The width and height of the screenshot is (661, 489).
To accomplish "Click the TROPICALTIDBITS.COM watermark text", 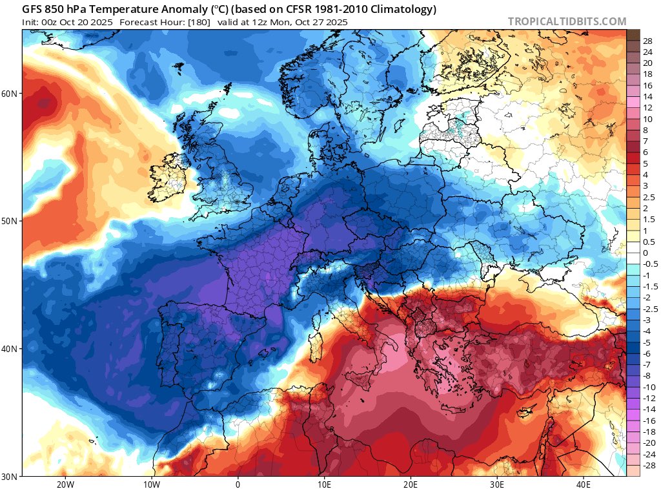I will click(x=567, y=21).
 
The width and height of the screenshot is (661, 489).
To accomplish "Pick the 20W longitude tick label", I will click(x=65, y=484).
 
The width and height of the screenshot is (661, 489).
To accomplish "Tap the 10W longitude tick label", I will click(x=151, y=484).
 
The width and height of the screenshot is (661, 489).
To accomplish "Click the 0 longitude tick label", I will click(x=238, y=484).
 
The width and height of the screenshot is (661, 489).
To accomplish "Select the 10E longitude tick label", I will click(x=324, y=484).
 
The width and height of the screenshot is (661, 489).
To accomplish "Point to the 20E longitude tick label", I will click(x=411, y=484).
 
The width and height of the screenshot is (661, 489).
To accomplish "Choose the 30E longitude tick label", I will click(x=497, y=484).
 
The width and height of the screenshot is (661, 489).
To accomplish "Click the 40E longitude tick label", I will click(x=584, y=484).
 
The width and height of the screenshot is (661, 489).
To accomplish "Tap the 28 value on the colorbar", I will click(x=647, y=40).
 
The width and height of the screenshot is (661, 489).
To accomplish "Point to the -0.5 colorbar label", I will click(x=648, y=264).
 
